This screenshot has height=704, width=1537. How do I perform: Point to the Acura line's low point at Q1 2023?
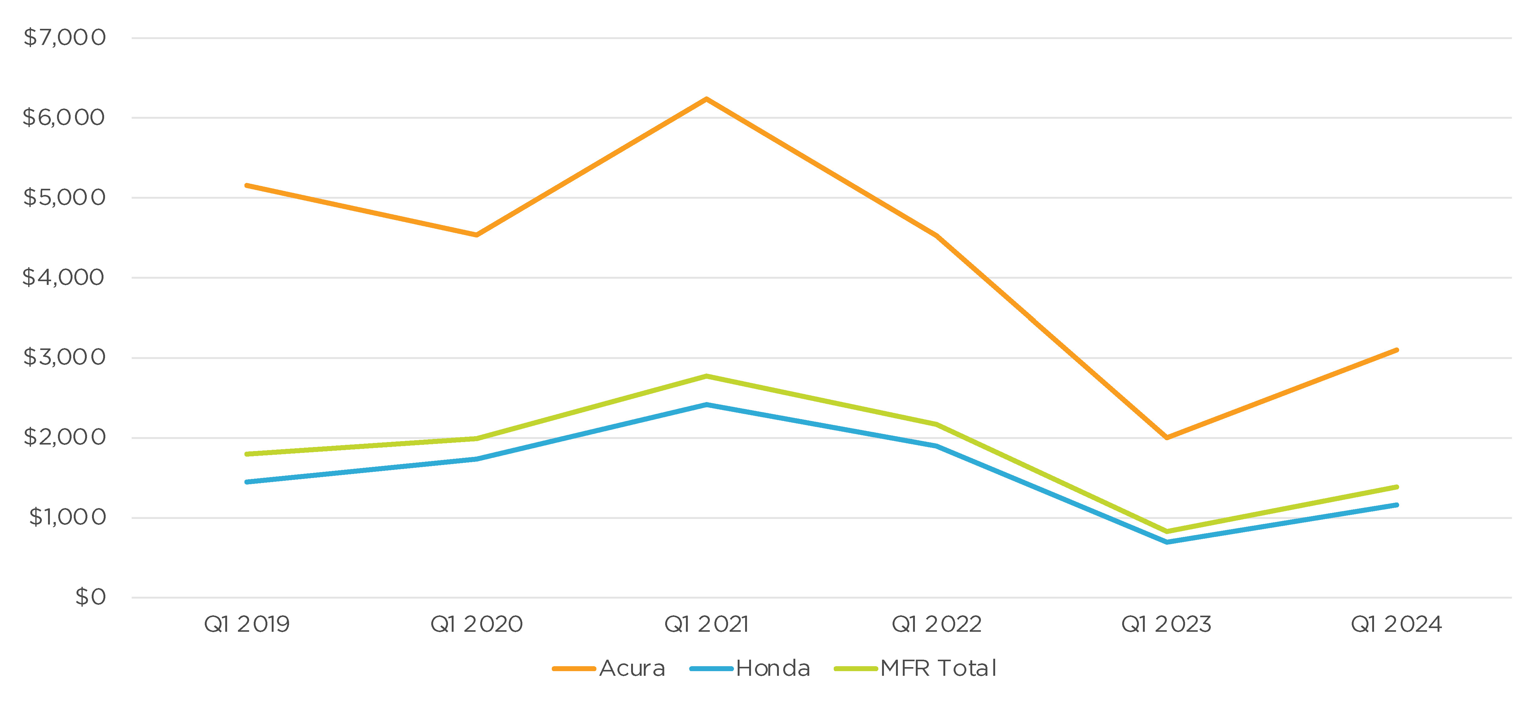tap(1166, 438)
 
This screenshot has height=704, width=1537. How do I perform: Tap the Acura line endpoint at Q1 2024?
tap(1397, 350)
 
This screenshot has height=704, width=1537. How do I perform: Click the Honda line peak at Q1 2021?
tap(706, 405)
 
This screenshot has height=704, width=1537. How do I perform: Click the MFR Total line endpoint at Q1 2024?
tap(1397, 487)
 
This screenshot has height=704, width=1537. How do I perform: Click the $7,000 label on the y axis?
tap(64, 38)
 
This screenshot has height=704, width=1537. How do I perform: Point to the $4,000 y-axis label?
tap(63, 278)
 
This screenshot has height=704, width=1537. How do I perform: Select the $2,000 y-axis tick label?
tap(64, 437)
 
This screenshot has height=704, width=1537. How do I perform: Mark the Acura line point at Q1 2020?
tap(476, 235)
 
